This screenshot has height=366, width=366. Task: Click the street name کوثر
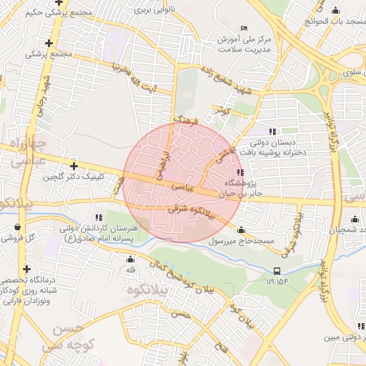click(x=219, y=111)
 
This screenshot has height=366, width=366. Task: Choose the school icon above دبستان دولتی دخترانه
click(x=272, y=131)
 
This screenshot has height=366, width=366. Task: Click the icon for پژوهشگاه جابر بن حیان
click(x=239, y=172)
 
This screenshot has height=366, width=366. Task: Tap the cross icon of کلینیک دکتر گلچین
click(x=74, y=166)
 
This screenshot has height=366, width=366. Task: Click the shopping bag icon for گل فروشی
click(x=17, y=227)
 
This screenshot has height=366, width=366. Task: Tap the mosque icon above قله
click(x=130, y=258)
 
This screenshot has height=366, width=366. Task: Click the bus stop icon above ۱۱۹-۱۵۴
click(x=277, y=271)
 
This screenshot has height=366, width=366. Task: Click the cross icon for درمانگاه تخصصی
click(x=26, y=269)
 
